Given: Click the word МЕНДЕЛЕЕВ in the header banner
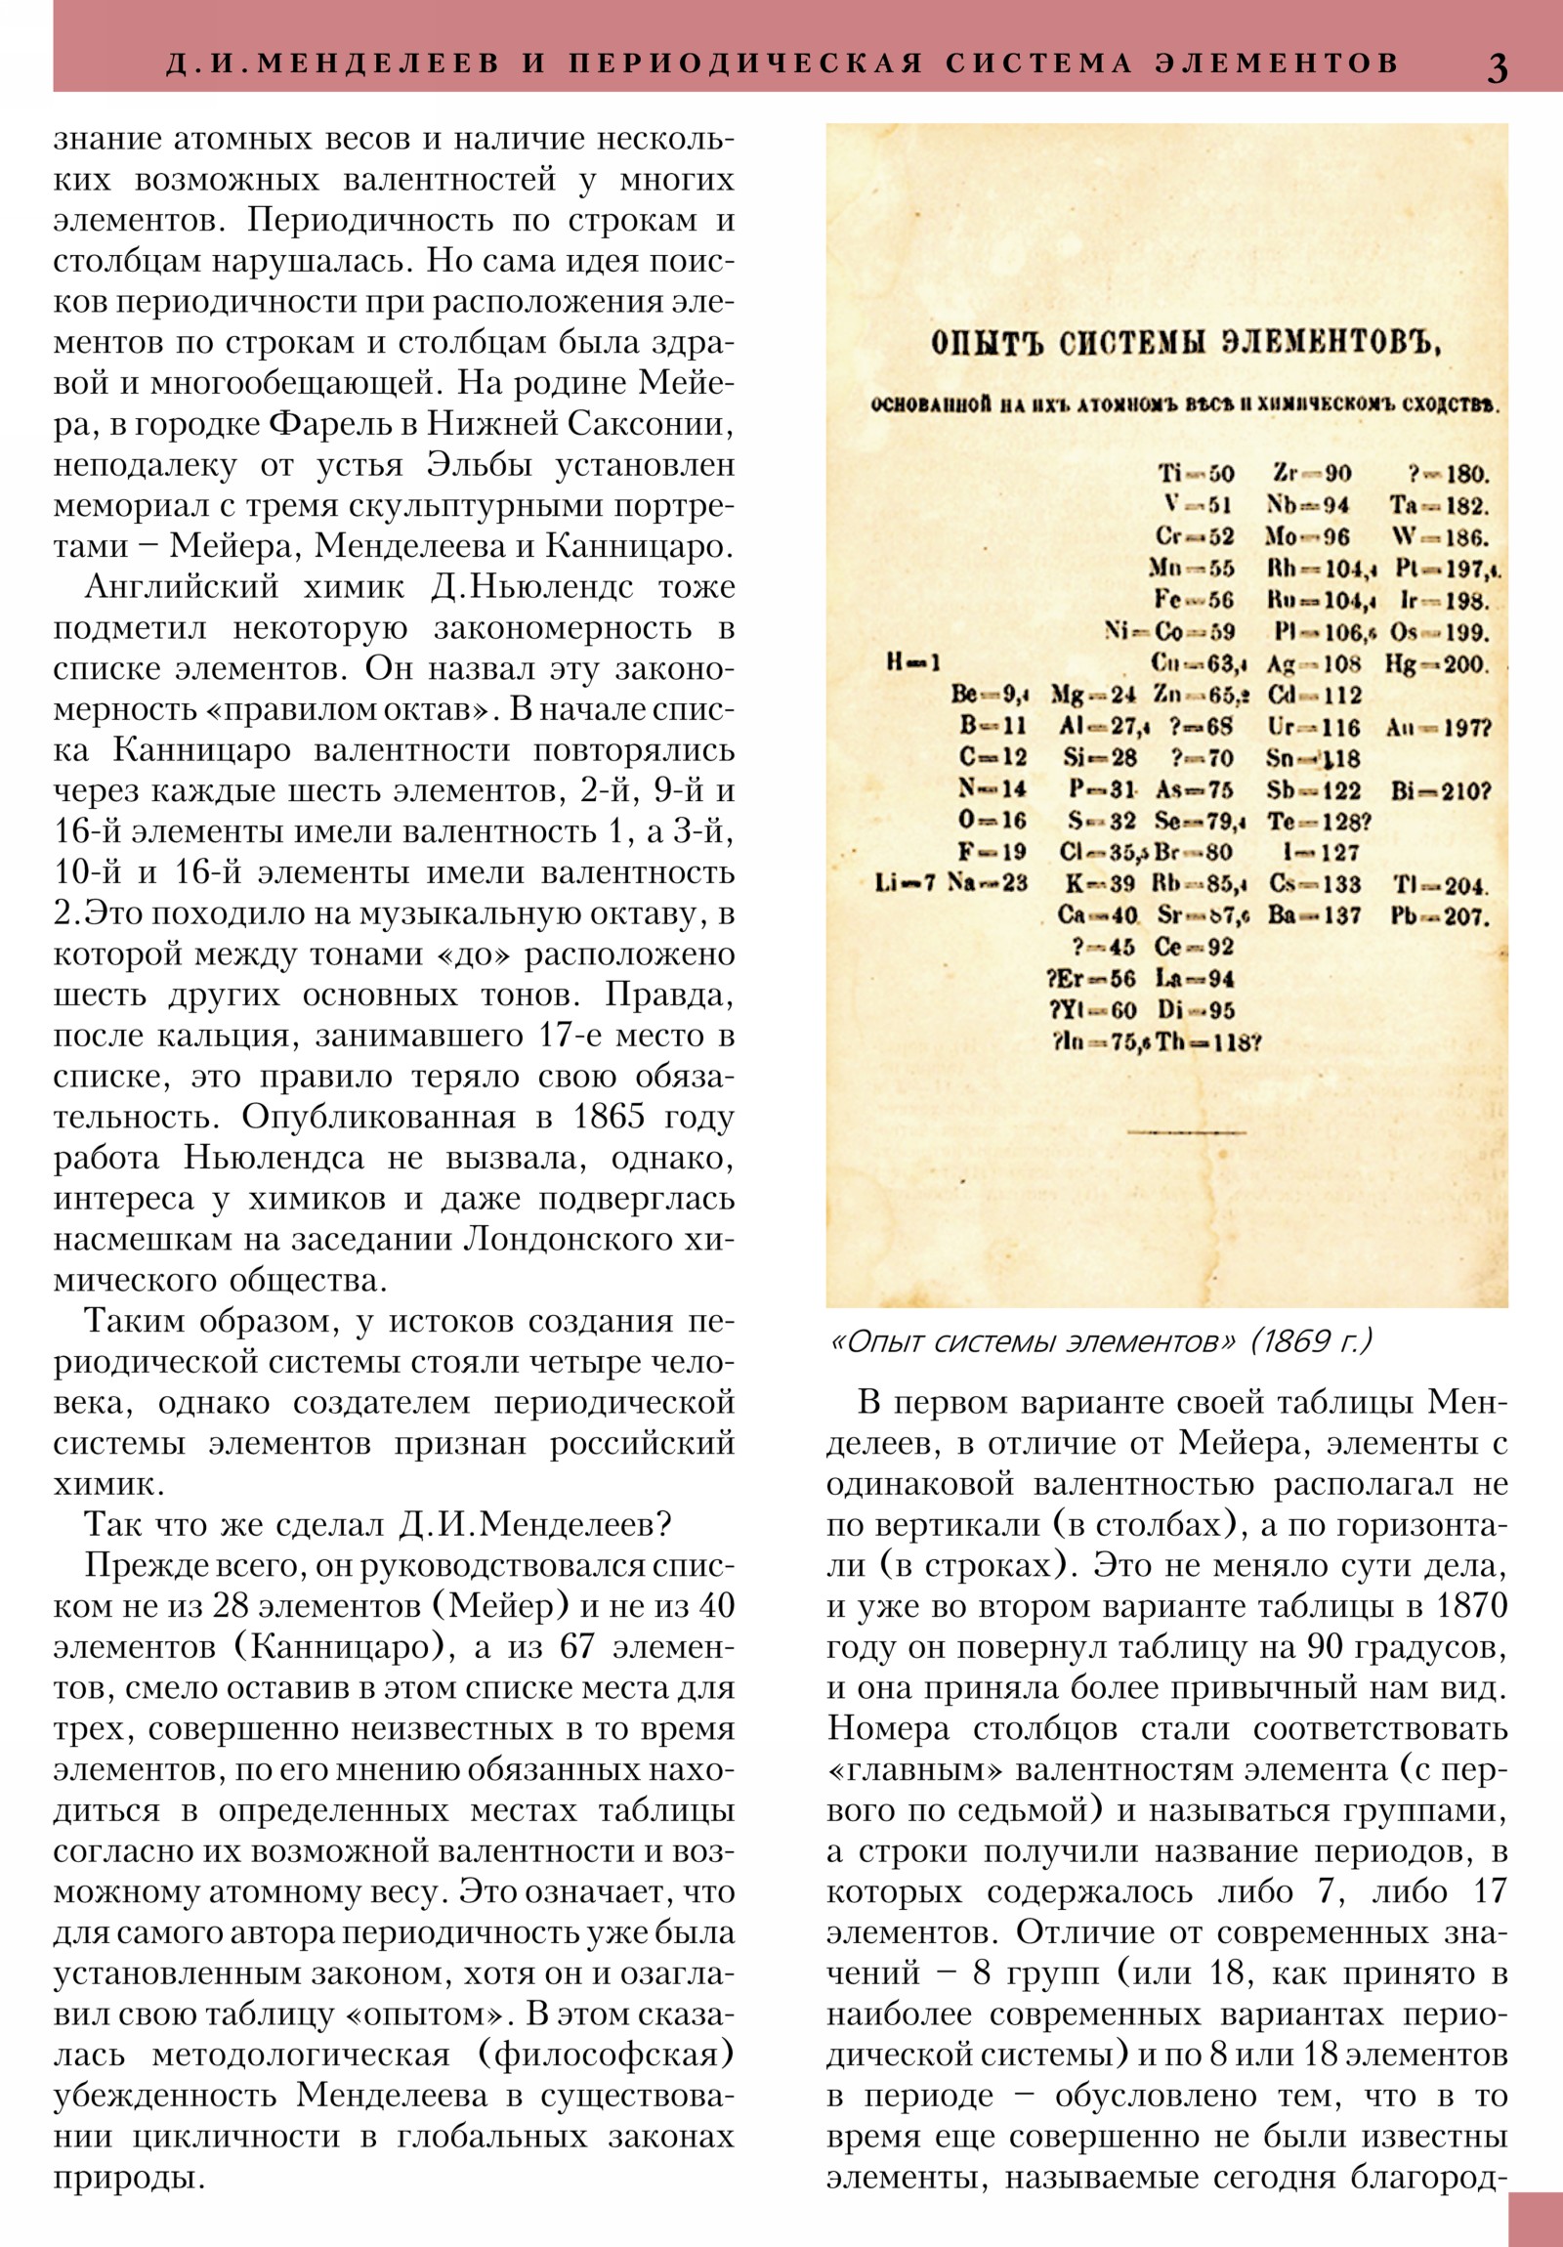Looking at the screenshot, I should (x=377, y=64).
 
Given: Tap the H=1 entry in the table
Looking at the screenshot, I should (x=912, y=663).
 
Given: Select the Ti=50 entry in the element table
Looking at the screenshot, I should (x=1196, y=475).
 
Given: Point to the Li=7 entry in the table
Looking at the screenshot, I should (x=906, y=884).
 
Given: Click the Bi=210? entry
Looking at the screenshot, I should (x=1440, y=790).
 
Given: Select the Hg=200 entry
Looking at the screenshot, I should (x=1437, y=665).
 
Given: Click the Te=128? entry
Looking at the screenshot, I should (x=1319, y=822).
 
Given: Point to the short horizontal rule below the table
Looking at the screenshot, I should (x=1186, y=1133).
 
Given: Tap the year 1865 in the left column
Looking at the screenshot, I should (x=606, y=1118).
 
